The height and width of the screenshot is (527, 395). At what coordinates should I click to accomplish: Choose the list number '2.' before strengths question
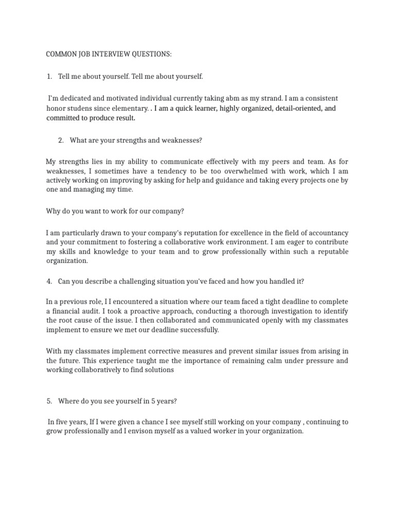pyautogui.click(x=61, y=140)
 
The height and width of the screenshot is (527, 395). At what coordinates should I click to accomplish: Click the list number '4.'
pyautogui.click(x=49, y=281)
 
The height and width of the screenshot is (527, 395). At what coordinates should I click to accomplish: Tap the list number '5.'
pyautogui.click(x=49, y=401)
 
